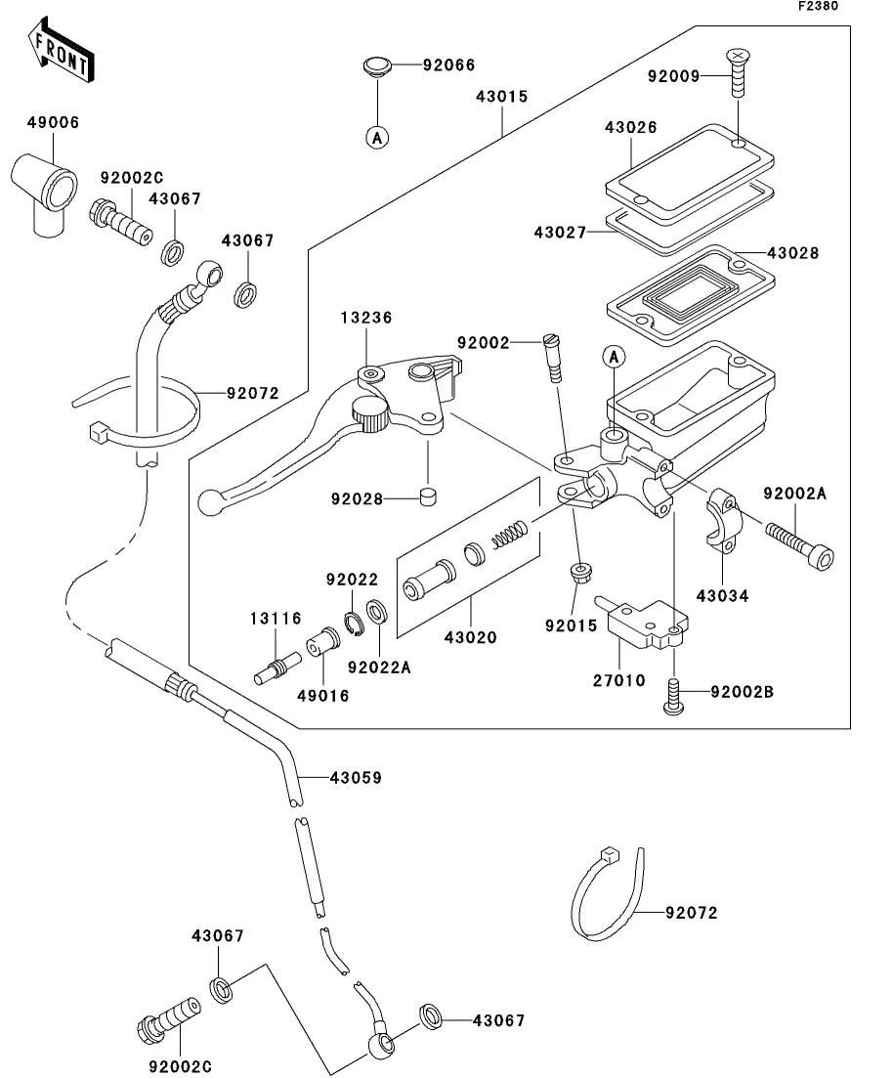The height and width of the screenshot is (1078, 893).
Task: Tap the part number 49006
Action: click(54, 123)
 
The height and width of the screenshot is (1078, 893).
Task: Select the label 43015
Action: click(502, 97)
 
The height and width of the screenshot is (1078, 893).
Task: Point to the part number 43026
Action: click(630, 128)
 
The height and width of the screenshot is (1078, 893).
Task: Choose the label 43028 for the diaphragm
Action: click(793, 253)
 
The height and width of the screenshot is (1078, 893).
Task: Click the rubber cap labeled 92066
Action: click(376, 67)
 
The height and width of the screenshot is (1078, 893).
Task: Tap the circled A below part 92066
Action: click(376, 138)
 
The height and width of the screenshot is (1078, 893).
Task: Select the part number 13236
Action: click(366, 318)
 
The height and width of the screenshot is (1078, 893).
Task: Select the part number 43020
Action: click(470, 637)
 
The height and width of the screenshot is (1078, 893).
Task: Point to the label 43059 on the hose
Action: click(356, 778)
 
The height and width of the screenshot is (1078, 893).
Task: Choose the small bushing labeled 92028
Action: click(427, 499)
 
